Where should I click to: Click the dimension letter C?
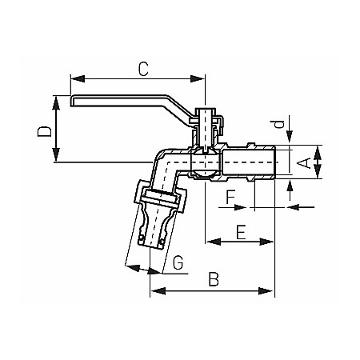tap(143, 69)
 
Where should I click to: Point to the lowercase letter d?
tap(278, 124)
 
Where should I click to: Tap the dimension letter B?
tap(213, 279)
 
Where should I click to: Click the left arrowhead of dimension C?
tap(74, 78)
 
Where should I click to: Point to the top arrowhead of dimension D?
tap(57, 98)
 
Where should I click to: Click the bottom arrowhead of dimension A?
tap(318, 175)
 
